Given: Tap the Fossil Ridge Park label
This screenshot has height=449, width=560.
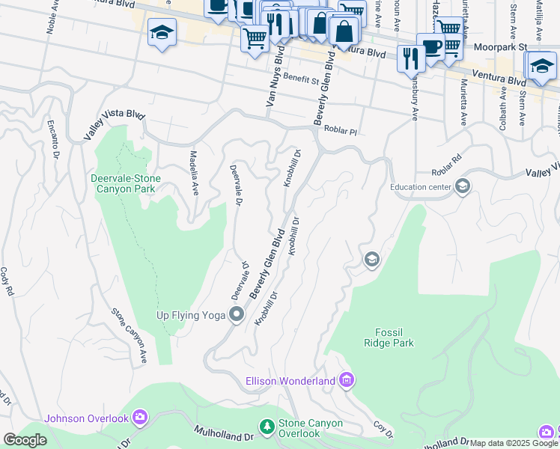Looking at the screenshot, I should pos(394,337).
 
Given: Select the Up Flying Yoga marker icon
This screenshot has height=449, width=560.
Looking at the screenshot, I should pos(237,315).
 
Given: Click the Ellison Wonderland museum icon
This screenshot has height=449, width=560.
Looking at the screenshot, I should pos(346,381).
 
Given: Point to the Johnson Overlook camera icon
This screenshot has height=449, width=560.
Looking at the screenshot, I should pos(140,418).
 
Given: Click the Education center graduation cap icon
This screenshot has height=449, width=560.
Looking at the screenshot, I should pos(463,187).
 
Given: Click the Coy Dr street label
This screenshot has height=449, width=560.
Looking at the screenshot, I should pos(383,430).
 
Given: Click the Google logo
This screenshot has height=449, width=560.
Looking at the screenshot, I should pos(25,440).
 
